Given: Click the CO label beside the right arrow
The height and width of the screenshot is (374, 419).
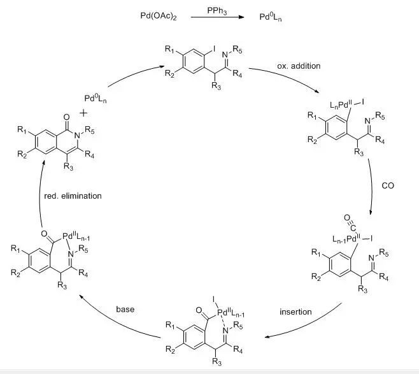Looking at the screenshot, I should point(387,185).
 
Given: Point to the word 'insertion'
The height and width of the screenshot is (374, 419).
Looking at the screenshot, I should point(295,312).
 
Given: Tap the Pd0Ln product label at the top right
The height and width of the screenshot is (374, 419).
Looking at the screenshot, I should point(271,14).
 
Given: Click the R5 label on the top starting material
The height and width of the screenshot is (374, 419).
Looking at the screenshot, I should point(237,48).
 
